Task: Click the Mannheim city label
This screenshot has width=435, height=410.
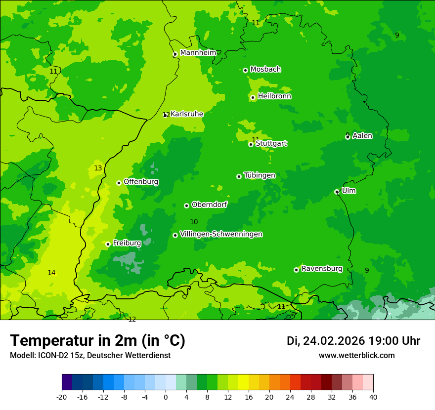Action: pos(198,53)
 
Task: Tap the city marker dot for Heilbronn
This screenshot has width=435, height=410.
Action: pos(253,97)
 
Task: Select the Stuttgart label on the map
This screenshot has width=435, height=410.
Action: pos(271,144)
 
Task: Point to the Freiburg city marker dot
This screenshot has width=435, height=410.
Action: pos(108,244)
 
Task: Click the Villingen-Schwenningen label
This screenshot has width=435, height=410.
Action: pos(221,234)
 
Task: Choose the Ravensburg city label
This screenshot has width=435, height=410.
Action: pos(322,269)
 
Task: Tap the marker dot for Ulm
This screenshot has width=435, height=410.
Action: pos(337,192)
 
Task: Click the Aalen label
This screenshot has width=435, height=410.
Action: pos(362,136)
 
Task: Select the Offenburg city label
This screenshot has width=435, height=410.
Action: pos(141,182)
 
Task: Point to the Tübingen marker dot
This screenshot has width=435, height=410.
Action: pos(239,176)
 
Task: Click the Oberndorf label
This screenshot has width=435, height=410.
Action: pos(209,205)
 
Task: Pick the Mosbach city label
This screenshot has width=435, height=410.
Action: pos(265,70)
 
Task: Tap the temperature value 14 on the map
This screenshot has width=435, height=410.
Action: pos(51,273)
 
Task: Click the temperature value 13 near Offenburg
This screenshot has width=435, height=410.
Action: pos(98,168)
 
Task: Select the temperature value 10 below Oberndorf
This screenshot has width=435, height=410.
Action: pos(194,222)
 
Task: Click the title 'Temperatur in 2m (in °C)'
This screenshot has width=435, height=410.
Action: pos(97,340)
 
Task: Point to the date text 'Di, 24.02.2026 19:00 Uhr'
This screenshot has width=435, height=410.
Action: pos(353,341)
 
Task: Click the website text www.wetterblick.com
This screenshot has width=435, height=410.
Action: pos(356,356)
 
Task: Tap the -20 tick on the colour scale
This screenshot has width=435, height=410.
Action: pos(62,397)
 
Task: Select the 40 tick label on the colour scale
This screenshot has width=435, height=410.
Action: pos(373,397)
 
